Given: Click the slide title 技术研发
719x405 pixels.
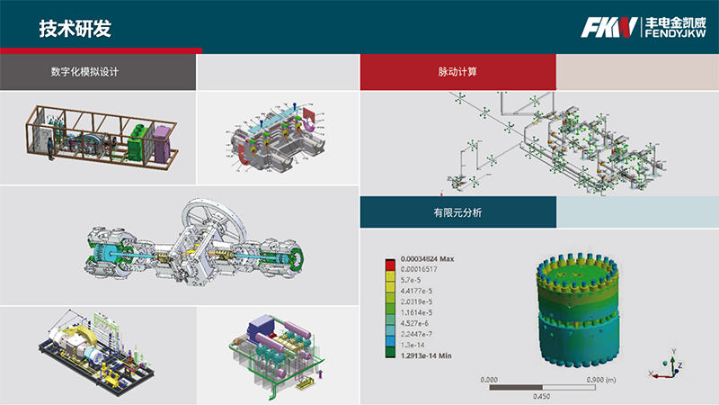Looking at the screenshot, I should (x=75, y=28).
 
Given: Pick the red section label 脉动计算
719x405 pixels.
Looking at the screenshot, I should (x=457, y=72).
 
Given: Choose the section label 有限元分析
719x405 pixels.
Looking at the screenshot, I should (x=457, y=212).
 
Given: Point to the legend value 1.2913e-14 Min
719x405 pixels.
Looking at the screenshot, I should (x=425, y=357).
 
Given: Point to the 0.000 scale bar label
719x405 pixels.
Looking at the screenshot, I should (x=490, y=379).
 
